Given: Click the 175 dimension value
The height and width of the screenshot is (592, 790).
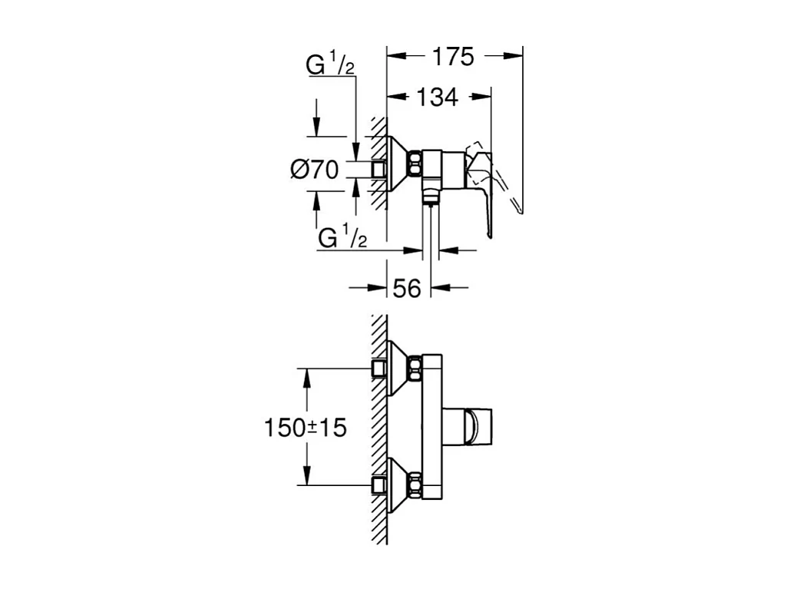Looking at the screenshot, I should [x=454, y=57].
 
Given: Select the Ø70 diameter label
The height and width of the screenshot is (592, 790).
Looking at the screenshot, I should [x=315, y=169].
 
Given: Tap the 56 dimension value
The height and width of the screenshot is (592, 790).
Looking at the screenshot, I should [x=408, y=288].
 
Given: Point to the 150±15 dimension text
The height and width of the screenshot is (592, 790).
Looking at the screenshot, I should [x=306, y=428].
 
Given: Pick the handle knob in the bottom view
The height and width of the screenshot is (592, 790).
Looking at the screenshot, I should [x=476, y=426].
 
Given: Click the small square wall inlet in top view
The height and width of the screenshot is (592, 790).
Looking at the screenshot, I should [x=378, y=169].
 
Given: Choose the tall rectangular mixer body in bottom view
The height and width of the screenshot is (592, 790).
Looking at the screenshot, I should [x=432, y=426].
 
